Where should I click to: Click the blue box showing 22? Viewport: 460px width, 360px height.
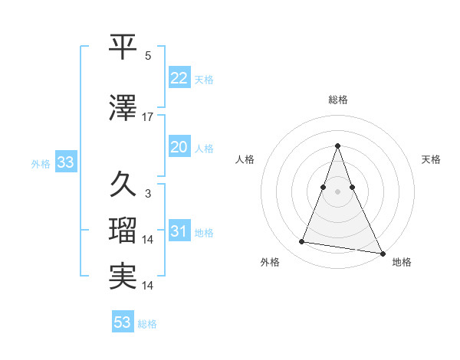pyautogui.click(x=179, y=78)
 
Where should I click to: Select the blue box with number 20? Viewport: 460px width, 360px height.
pyautogui.click(x=179, y=147)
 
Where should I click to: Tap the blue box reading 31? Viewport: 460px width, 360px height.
pyautogui.click(x=179, y=231)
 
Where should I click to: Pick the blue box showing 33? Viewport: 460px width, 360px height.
pyautogui.click(x=65, y=162)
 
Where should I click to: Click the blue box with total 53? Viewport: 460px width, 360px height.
pyautogui.click(x=123, y=322)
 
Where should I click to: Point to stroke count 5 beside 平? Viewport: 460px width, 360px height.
pyautogui.click(x=148, y=56)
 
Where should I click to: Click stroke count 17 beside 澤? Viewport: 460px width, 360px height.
pyautogui.click(x=148, y=117)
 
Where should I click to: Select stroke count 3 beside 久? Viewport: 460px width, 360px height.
pyautogui.click(x=148, y=194)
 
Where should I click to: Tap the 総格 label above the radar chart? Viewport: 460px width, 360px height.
pyautogui.click(x=338, y=100)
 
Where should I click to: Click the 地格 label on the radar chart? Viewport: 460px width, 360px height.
pyautogui.click(x=402, y=262)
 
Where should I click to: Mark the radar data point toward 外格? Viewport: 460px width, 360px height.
pyautogui.click(x=302, y=242)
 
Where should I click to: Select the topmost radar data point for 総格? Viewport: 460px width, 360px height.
pyautogui.click(x=338, y=146)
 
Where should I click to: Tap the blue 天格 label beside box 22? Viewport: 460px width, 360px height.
pyautogui.click(x=204, y=79)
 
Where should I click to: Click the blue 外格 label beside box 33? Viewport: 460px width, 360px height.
pyautogui.click(x=41, y=163)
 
